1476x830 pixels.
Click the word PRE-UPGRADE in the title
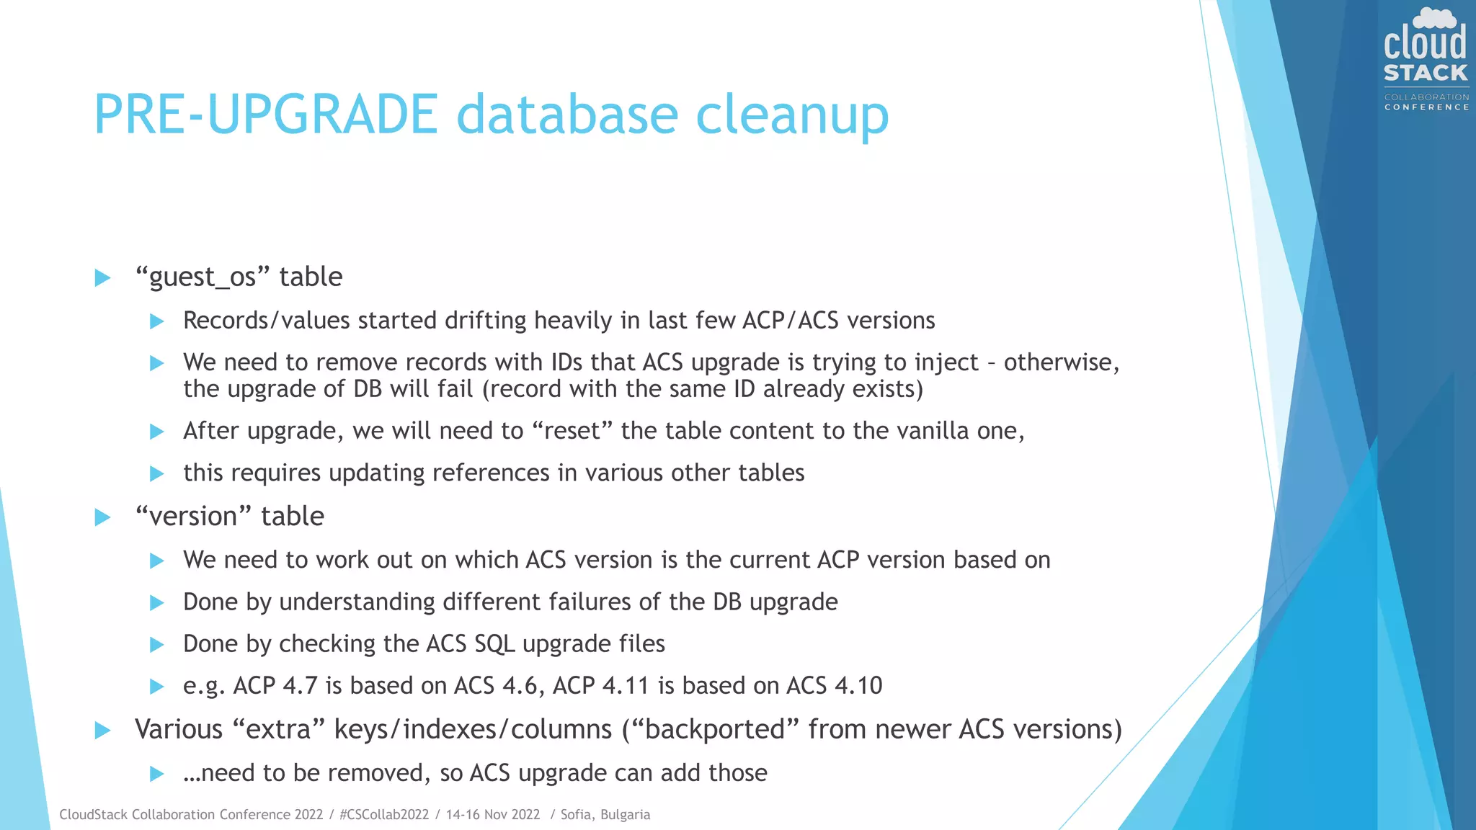265,114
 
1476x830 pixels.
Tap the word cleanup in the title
792,115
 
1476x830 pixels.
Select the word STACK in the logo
1426,73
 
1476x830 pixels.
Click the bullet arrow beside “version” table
102,517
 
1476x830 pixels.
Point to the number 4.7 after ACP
300,685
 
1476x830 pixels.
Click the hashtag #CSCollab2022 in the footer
383,815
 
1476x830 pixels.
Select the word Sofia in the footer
576,815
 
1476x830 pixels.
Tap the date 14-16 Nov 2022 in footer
493,815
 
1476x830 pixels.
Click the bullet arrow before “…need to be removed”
156,774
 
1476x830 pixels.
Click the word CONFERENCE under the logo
1426,107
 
